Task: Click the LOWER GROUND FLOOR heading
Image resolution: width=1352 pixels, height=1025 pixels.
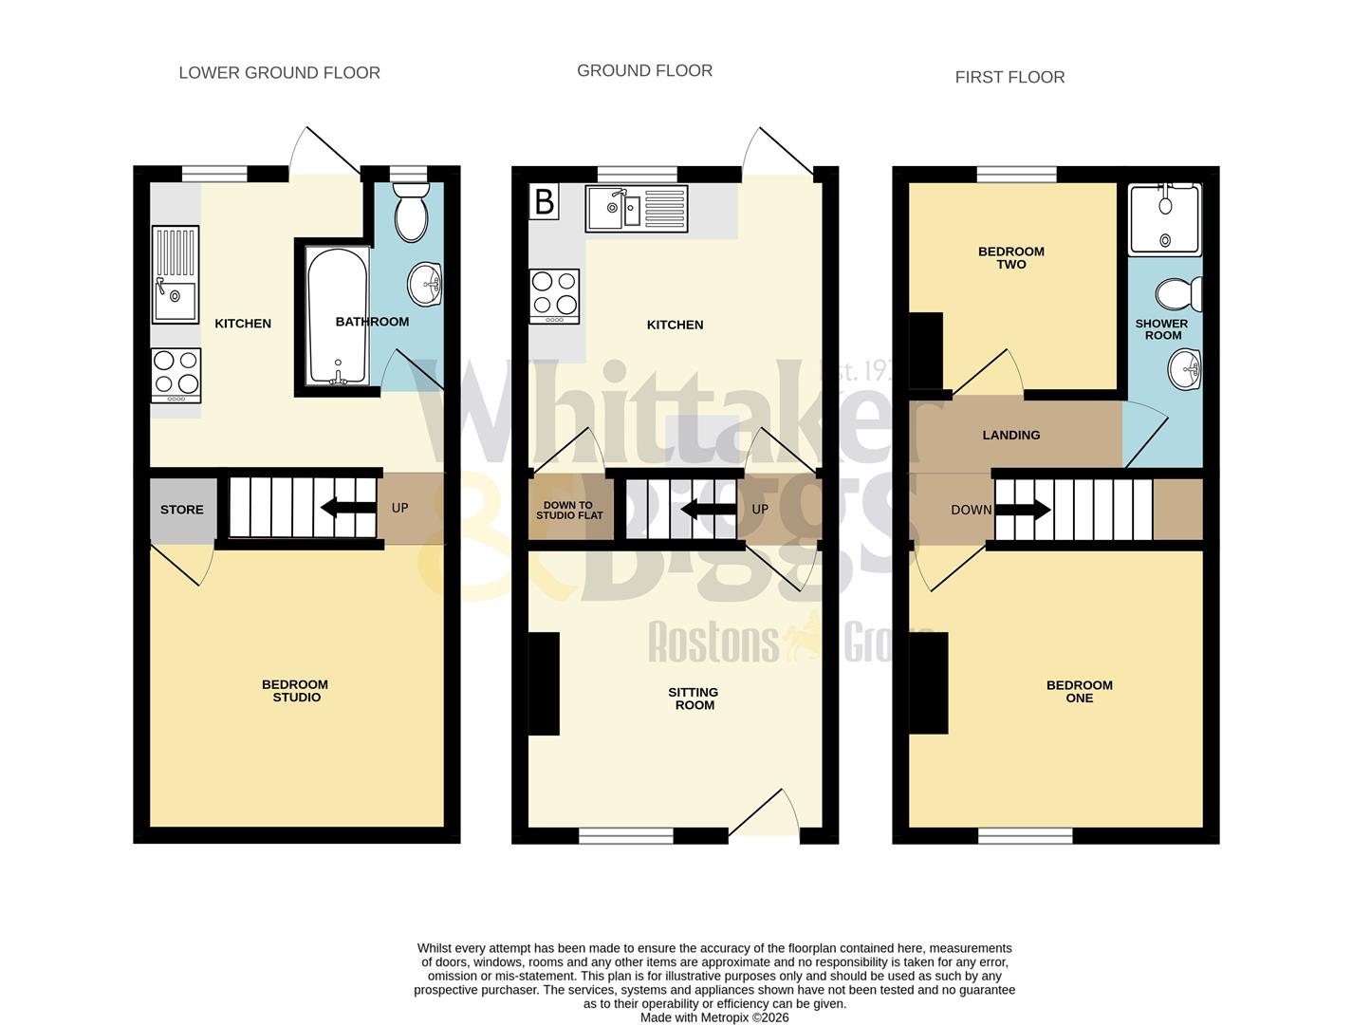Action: [x=279, y=73]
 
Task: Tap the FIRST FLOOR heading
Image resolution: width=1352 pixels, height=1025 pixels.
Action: [x=1009, y=78]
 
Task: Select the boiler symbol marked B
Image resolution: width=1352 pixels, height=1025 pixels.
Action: [x=544, y=202]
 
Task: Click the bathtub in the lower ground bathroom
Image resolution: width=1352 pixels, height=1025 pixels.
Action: [x=337, y=316]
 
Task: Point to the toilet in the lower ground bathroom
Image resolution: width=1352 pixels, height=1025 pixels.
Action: [x=411, y=213]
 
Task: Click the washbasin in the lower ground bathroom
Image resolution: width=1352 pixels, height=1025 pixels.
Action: [x=426, y=284]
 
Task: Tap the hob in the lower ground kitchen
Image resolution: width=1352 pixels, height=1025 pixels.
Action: [x=176, y=375]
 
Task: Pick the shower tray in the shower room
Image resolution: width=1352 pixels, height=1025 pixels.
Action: [x=1164, y=219]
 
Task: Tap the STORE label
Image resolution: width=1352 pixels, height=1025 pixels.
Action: [x=181, y=510]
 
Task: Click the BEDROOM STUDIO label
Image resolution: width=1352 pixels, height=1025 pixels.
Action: [x=295, y=691]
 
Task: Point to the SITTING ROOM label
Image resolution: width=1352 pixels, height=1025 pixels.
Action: [x=694, y=699]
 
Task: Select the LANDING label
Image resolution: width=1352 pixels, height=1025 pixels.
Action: [x=1010, y=435]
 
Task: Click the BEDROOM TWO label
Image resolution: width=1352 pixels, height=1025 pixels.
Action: [x=1010, y=258]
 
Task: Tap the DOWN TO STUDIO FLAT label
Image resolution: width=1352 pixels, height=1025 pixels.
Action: [x=569, y=511]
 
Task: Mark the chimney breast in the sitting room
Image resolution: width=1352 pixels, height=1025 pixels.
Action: [x=544, y=683]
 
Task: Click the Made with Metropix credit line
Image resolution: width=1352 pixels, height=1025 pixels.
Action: [x=713, y=1017]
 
